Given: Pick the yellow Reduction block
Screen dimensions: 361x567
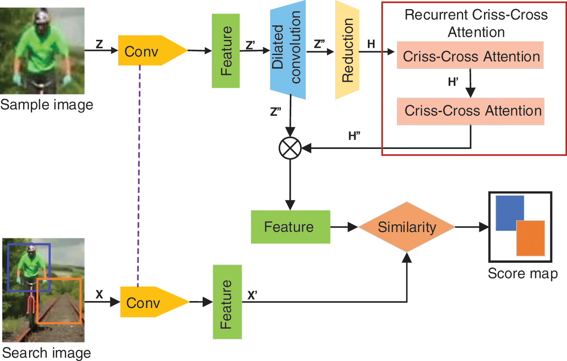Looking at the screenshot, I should (x=347, y=50).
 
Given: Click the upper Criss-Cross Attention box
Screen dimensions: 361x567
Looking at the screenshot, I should (x=470, y=56).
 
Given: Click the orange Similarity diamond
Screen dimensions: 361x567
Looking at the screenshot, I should (x=406, y=227).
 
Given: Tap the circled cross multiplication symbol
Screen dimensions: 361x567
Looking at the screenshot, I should (x=290, y=148).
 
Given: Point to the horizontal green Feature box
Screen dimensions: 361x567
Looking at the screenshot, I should (x=290, y=227).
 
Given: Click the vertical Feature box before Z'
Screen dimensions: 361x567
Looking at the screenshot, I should (x=225, y=50).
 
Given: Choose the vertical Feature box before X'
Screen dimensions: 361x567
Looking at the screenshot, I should (x=226, y=302).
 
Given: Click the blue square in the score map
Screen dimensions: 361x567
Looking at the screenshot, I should (x=510, y=213).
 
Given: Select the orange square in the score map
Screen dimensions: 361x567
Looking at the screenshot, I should (x=530, y=238).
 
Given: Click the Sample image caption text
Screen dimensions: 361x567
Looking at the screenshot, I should (x=47, y=105).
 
